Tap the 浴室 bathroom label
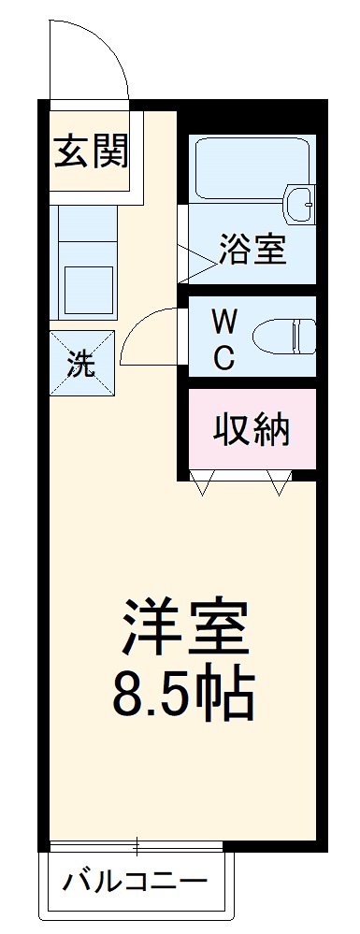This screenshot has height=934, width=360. (252, 250)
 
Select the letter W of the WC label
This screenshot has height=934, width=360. (223, 323)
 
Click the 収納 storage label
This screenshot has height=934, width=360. (252, 429)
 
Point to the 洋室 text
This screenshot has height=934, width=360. (183, 627)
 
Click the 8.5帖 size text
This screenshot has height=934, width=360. (183, 693)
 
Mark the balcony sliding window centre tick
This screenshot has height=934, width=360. (137, 847)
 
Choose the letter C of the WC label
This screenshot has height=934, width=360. (223, 359)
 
